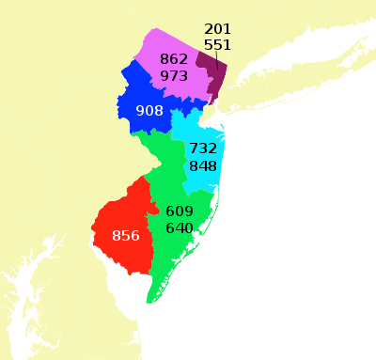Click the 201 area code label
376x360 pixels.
pyautogui.click(x=217, y=29)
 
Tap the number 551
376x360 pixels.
pyautogui.click(x=217, y=44)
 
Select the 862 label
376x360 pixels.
pyautogui.click(x=174, y=59)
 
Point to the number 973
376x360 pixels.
pyautogui.click(x=174, y=75)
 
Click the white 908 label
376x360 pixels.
pyautogui.click(x=149, y=111)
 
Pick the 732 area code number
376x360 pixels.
pyautogui.click(x=203, y=149)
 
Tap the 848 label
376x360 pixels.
pyautogui.click(x=203, y=165)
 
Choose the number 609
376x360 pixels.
pyautogui.click(x=179, y=211)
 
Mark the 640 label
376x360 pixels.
pyautogui.click(x=179, y=228)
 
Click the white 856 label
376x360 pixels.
pyautogui.click(x=125, y=235)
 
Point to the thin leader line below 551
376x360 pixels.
pyautogui.click(x=218, y=61)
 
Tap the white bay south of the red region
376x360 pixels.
pyautogui.click(x=122, y=282)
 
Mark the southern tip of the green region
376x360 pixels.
pyautogui.click(x=149, y=301)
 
